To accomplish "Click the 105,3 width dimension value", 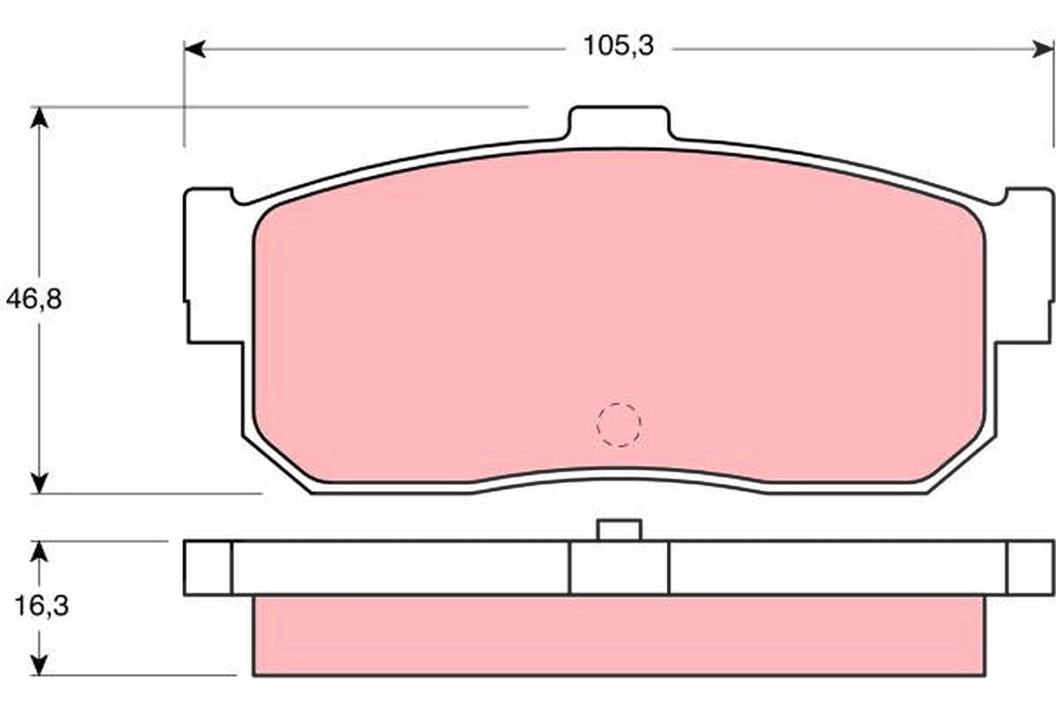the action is coord(619,47).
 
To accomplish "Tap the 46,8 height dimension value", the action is coord(34,299).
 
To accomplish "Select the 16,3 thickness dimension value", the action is coord(41,606).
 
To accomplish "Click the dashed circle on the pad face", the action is coord(619,425).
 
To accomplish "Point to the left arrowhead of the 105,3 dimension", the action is coord(194,48).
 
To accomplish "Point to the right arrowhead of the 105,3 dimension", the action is coord(1043,48).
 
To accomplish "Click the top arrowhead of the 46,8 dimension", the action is coord(39,118).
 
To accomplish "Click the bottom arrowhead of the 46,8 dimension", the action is coord(39,483).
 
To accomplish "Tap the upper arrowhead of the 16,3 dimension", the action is coord(39,552).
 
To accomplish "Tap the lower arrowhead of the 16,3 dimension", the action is coord(39,665).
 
